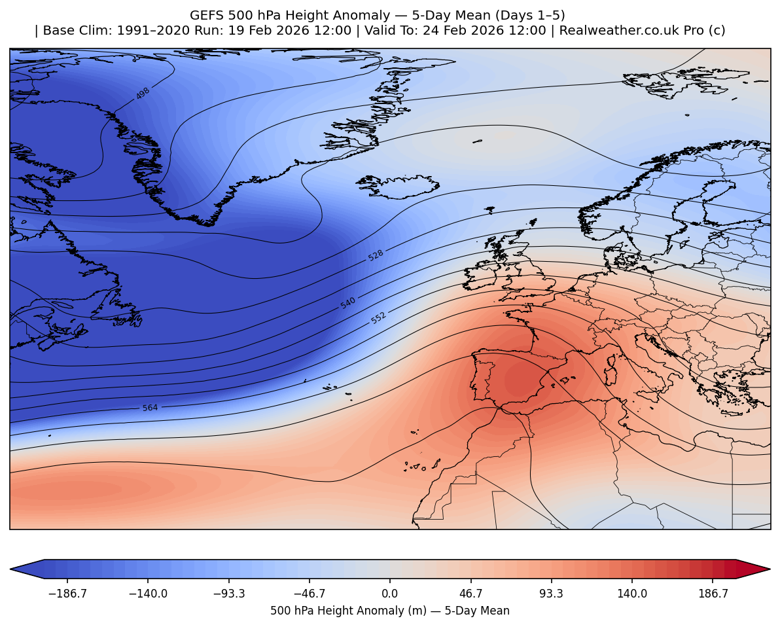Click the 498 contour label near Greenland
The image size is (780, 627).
coord(143,94)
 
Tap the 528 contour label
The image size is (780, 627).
coord(376,255)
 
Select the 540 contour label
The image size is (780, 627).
coord(348,303)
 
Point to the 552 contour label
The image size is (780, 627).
coord(378,318)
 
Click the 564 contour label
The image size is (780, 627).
coord(150,408)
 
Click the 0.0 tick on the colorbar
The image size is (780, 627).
coord(390,594)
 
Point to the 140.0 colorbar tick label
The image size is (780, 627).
coord(632,594)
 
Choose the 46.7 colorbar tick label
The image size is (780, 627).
coord(471,594)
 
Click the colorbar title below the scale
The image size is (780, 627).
coord(390,611)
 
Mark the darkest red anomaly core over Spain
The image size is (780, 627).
coord(520,380)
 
